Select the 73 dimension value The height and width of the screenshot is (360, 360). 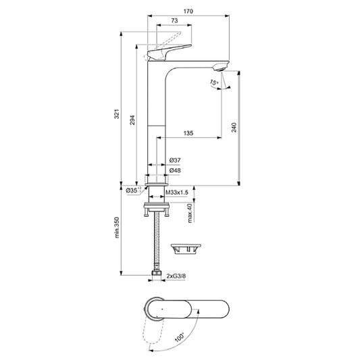tap(175, 22)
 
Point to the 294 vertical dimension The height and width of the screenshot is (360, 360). tap(133, 120)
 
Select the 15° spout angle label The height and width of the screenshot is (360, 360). tap(214, 82)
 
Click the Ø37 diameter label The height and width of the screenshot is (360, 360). tap(174, 160)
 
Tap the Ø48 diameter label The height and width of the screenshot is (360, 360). tap(174, 171)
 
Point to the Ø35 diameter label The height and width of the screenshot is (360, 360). tap(132, 192)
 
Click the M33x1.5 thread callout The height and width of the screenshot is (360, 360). tap(178, 192)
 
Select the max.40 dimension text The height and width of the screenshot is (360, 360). tap(190, 213)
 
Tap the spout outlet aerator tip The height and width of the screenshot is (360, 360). tap(220, 68)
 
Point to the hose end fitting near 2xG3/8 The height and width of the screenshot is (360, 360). tap(157, 275)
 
